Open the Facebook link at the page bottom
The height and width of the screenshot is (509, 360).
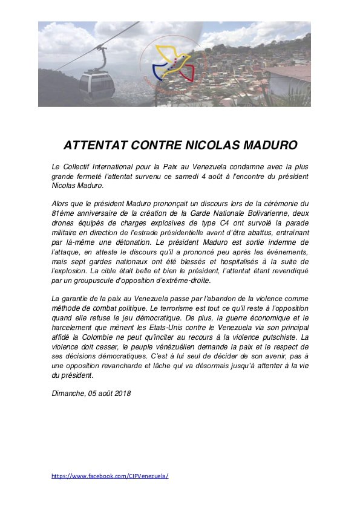click(x=110, y=476)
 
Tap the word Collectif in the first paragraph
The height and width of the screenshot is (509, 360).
click(x=81, y=166)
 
